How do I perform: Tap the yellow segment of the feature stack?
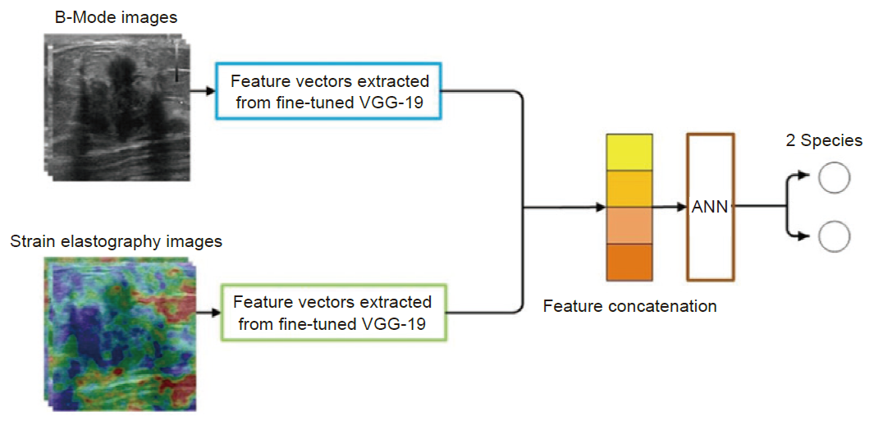tap(629, 152)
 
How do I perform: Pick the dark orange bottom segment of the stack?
tap(629, 262)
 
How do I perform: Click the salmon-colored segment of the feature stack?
tap(629, 226)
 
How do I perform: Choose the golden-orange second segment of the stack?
tap(629, 189)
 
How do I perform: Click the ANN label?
tap(710, 208)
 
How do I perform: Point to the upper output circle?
tap(835, 178)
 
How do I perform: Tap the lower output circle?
tap(835, 237)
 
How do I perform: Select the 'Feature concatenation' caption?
tap(630, 306)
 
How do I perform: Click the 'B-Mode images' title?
tap(116, 17)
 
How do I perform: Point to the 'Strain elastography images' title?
tap(116, 242)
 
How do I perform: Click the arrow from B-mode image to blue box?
tap(203, 91)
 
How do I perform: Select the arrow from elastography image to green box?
tap(208, 313)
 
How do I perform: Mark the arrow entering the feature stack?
tap(564, 208)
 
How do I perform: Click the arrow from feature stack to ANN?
tap(670, 208)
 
